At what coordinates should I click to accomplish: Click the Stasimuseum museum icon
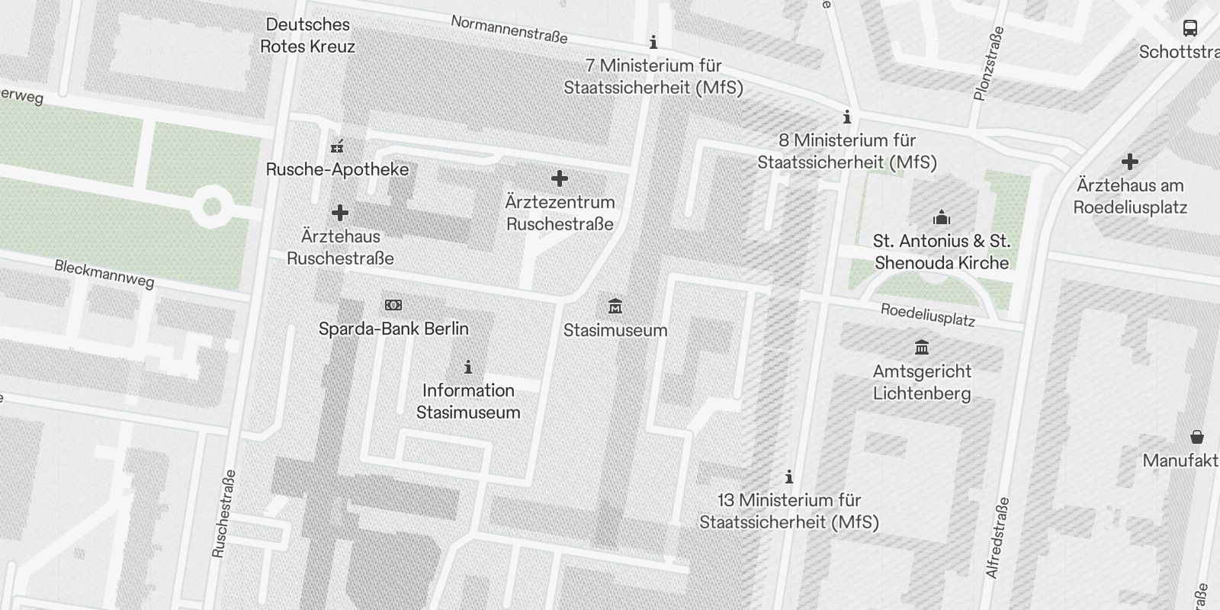[x=615, y=307]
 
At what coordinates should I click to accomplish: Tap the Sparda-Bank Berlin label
[x=393, y=329]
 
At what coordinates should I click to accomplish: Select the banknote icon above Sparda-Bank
[x=393, y=305]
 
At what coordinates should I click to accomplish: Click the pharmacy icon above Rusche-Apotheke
[x=337, y=146]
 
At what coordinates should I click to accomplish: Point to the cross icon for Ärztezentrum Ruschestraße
[x=560, y=178]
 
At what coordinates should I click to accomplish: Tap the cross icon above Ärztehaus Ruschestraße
[x=340, y=213]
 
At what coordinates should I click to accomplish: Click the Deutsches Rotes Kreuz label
[x=308, y=35]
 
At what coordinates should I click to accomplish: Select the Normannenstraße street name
[x=509, y=29]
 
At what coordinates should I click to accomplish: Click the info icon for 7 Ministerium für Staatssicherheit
[x=653, y=42]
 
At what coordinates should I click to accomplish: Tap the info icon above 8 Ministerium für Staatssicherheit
[x=846, y=117]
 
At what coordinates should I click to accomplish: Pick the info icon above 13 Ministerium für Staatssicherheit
[x=789, y=477]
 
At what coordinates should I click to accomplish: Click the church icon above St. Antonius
[x=942, y=217]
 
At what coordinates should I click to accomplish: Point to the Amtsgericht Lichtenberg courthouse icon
[x=922, y=348]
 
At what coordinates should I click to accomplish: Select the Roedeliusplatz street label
[x=927, y=314]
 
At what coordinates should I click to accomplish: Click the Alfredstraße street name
[x=997, y=538]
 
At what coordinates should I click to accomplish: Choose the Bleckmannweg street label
[x=104, y=274]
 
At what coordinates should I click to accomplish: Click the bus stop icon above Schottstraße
[x=1189, y=28]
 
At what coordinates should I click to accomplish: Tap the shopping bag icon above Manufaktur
[x=1197, y=437]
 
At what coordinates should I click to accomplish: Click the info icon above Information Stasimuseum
[x=468, y=368]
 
